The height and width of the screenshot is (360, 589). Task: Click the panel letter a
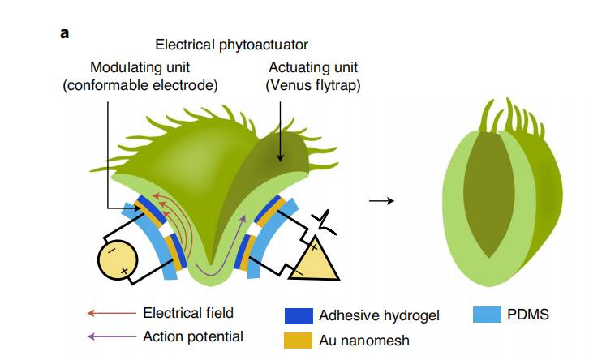64,33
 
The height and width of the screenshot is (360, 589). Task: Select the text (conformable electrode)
140,84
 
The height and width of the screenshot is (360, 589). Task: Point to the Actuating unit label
312,66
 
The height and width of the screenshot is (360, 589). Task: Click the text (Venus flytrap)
312,84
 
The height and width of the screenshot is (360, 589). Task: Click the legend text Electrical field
188,313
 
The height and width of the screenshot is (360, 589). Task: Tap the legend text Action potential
193,336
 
